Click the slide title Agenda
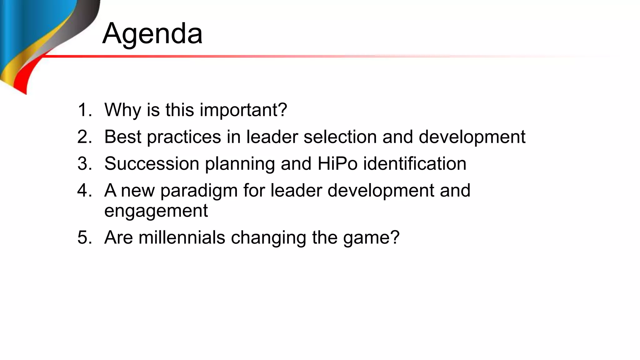coord(152,33)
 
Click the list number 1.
coord(84,110)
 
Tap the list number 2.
coord(84,137)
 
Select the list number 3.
coord(84,164)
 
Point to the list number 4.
coord(84,191)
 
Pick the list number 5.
coord(84,237)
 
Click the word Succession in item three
coord(152,164)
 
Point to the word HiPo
coord(337,164)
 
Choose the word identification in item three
coord(415,164)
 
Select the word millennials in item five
coord(182,237)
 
